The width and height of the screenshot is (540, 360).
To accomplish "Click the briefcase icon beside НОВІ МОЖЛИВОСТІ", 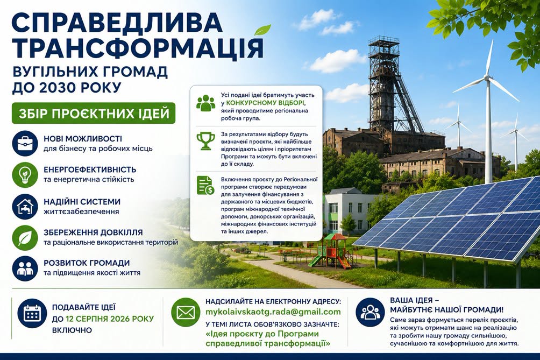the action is (x=25, y=144).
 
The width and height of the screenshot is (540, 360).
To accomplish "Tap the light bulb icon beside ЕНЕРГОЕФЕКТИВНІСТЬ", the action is (x=25, y=175).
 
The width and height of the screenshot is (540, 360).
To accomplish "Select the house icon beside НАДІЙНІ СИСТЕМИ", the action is (x=25, y=206).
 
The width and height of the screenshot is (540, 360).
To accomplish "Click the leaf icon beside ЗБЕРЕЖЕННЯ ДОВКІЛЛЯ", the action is (x=25, y=237).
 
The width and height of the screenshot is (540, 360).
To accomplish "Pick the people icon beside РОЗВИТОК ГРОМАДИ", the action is (x=25, y=269).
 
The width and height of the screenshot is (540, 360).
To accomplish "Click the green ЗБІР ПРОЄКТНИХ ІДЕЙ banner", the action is (x=94, y=113).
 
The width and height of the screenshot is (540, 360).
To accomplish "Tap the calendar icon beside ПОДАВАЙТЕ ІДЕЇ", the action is (x=32, y=313).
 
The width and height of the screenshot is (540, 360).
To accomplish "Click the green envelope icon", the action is (x=186, y=313).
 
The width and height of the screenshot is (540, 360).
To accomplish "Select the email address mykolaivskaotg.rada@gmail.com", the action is (x=273, y=312).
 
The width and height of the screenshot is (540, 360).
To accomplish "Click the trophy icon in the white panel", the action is (x=205, y=141).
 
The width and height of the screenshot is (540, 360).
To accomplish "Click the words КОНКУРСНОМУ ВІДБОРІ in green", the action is (x=265, y=103).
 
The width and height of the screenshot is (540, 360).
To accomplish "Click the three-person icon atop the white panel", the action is (x=205, y=102).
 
